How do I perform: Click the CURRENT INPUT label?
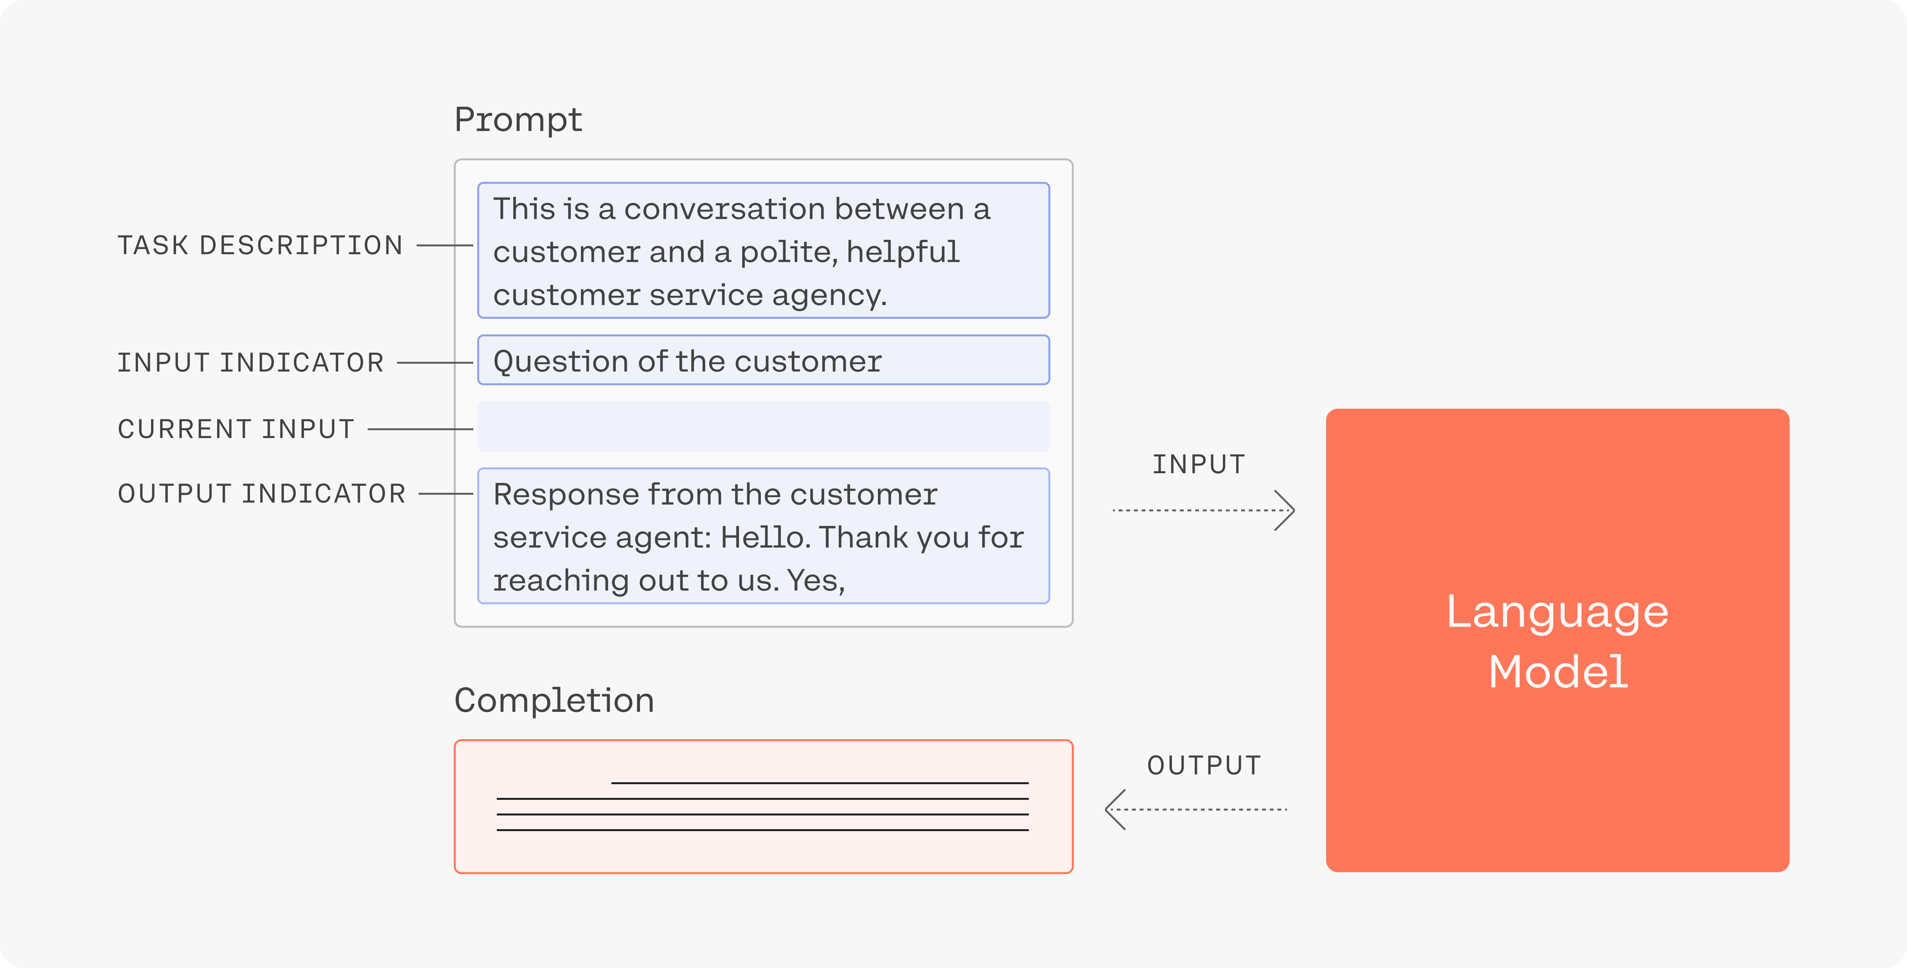(236, 429)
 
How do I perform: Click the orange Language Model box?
(1558, 640)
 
